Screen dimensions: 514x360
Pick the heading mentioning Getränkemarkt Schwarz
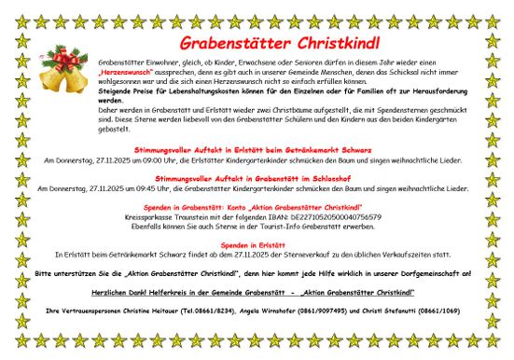[256, 149]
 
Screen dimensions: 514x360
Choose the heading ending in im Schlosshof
[256, 178]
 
